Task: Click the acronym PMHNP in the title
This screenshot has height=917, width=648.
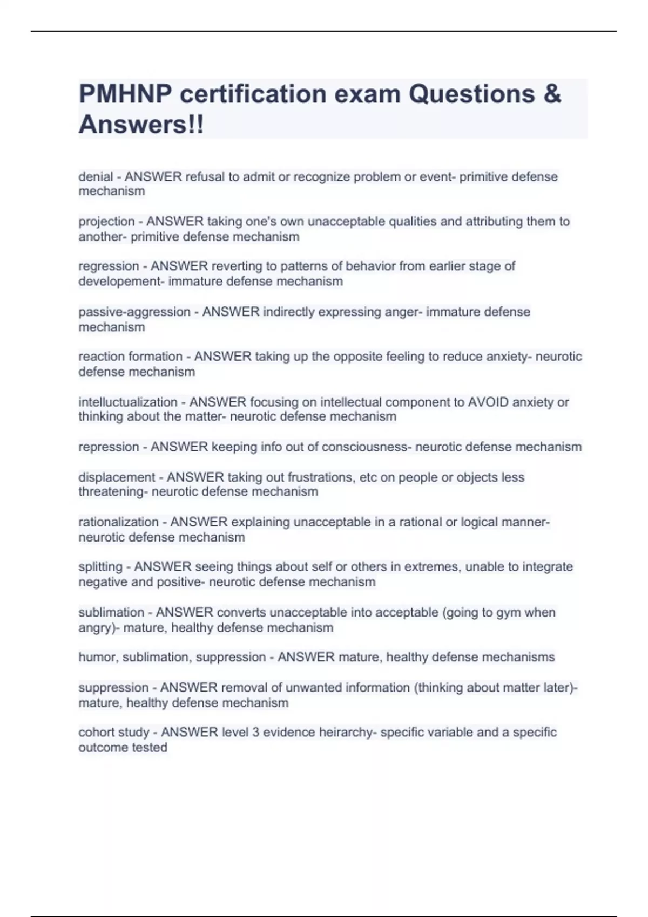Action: (x=125, y=94)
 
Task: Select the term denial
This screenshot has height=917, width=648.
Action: (x=96, y=177)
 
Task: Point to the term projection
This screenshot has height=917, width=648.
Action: (x=106, y=222)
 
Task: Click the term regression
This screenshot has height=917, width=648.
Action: (x=109, y=266)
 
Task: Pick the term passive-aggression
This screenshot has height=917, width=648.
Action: (x=134, y=312)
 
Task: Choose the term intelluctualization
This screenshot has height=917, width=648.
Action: (x=128, y=402)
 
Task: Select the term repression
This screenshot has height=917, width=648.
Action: (x=109, y=447)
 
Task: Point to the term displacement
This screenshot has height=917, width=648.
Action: (x=117, y=477)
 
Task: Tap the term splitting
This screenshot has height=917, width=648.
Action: (x=100, y=567)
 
